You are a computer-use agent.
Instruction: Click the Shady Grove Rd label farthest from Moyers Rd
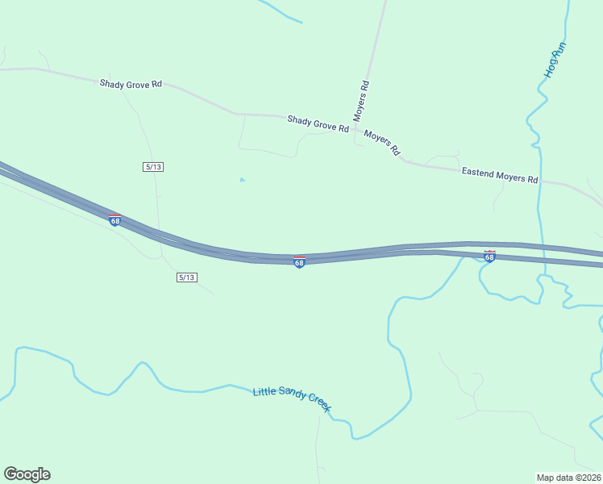coord(131,83)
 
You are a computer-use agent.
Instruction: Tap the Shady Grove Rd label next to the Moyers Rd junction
coord(318,123)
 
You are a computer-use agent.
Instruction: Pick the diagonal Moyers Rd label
coord(382,142)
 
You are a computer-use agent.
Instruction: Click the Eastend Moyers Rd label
coord(499,176)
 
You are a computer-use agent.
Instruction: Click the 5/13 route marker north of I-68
coord(153,166)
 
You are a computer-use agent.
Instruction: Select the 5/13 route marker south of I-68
coord(186,277)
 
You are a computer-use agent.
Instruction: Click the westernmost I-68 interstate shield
coord(114,220)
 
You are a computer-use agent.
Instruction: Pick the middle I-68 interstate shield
coord(299,262)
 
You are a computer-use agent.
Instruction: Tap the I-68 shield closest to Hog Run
coord(489,257)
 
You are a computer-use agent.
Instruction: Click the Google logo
coord(27,474)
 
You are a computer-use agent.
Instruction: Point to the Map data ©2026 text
coord(568,477)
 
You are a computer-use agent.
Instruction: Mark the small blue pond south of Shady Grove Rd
coord(242,180)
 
